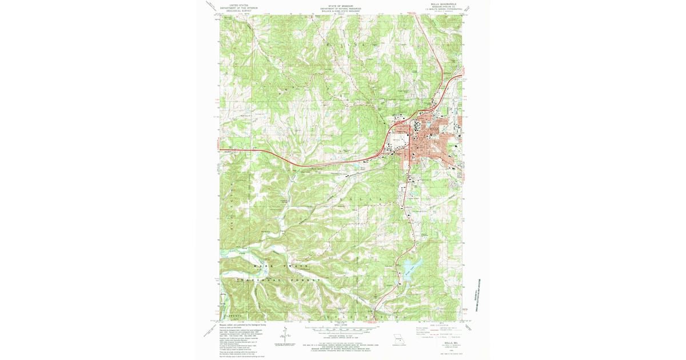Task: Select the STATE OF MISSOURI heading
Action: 341,5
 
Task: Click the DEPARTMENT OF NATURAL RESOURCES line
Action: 341,7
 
